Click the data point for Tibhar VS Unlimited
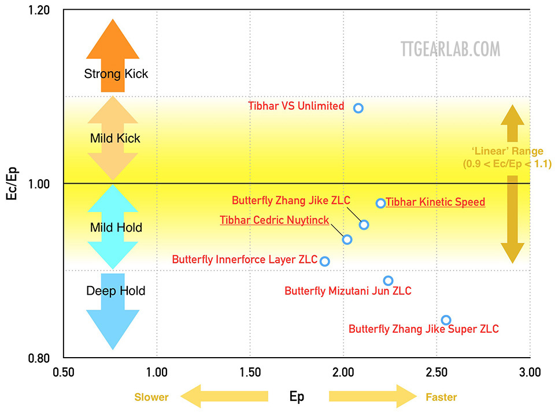coord(358,108)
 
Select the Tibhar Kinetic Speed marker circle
coord(380,203)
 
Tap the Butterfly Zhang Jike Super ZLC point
coord(446,320)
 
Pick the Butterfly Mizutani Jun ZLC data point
coord(388,281)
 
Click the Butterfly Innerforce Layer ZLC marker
coord(325,261)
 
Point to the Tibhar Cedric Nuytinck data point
coord(347,239)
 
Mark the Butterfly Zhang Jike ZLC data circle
coord(364,225)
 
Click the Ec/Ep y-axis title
coord(13,184)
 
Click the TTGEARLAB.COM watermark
coord(450,49)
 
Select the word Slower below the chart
coord(151,397)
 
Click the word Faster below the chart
coord(441,397)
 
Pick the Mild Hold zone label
coord(116,228)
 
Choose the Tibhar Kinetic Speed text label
coord(435,202)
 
